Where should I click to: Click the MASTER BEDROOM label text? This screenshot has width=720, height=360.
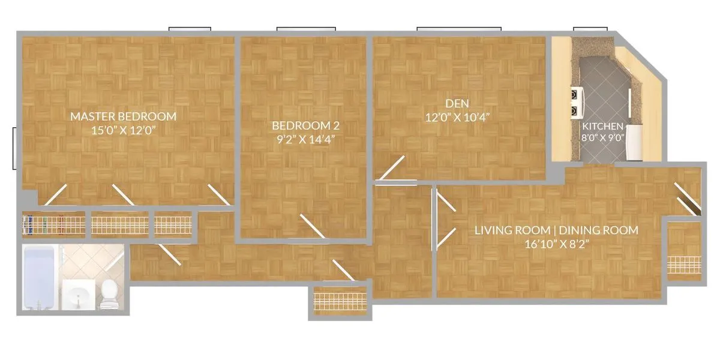pyautogui.click(x=123, y=116)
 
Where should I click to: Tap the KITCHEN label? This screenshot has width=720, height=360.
pyautogui.click(x=602, y=127)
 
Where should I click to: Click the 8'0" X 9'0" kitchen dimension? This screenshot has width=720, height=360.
pyautogui.click(x=602, y=137)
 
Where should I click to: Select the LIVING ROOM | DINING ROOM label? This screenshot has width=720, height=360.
pyautogui.click(x=556, y=230)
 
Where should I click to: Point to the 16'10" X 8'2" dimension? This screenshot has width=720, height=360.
pyautogui.click(x=556, y=243)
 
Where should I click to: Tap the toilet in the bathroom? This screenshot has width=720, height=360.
pyautogui.click(x=109, y=293)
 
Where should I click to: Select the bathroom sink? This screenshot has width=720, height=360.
pyautogui.click(x=78, y=296)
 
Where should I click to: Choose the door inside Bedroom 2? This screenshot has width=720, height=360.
pyautogui.click(x=313, y=227)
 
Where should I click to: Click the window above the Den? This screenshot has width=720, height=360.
pyautogui.click(x=459, y=28)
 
